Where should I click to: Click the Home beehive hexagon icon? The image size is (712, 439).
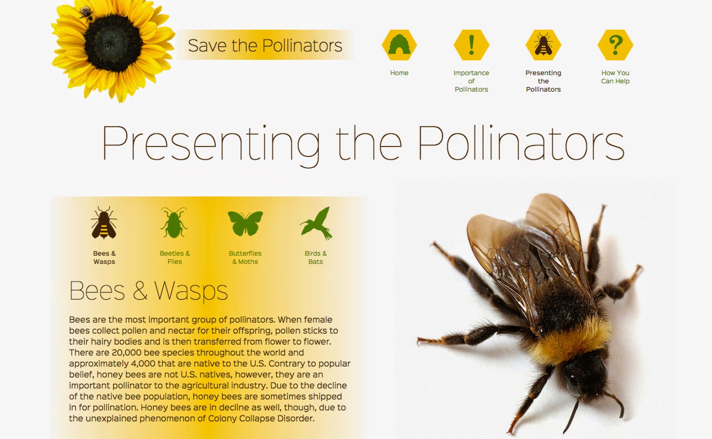coord(399,45)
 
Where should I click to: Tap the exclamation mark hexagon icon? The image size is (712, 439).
coord(472,45)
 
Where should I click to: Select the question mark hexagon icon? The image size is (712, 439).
coord(615,45)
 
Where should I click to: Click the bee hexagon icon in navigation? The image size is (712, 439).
coord(543,45)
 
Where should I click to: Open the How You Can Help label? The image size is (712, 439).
coord(615,77)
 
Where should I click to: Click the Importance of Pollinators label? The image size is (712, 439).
coord(471,81)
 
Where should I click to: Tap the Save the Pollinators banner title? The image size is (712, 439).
coord(265,46)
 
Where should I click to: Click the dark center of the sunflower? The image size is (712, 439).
coord(113,43)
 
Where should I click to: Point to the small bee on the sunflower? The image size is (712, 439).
coord(86,14)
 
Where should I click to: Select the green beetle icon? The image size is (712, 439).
coord(174,222)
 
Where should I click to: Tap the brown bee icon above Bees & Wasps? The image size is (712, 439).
coord(104,222)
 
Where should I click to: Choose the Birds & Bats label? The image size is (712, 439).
coord(315,257)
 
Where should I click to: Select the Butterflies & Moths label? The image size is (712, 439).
coord(245,257)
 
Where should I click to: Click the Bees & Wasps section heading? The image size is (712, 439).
coord(148,290)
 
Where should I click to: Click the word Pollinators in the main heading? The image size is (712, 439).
coord(520,143)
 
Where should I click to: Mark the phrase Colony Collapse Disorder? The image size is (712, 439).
coord(261,418)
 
